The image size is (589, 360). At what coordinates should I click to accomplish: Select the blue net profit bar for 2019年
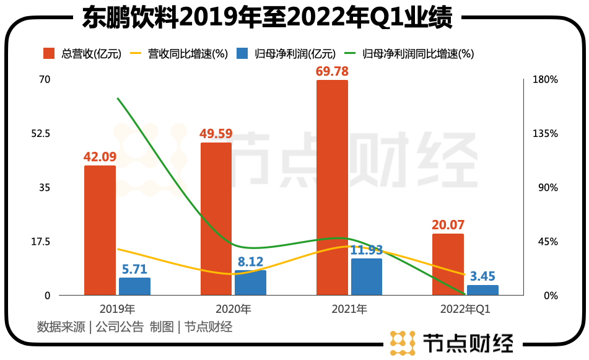(134, 286)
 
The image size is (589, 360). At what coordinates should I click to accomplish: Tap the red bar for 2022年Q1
(448, 264)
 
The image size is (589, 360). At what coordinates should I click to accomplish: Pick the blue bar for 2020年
(250, 283)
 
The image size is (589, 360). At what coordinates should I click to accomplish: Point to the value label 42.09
(100, 157)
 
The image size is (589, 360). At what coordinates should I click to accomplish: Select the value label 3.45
(482, 276)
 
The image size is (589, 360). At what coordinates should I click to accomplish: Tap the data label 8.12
(250, 262)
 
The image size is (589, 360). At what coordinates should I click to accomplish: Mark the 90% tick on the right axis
(547, 188)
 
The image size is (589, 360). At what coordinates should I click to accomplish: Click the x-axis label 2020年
(233, 309)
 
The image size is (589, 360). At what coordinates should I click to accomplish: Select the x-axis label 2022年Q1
(465, 309)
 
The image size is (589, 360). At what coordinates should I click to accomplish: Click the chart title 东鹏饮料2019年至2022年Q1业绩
(268, 17)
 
